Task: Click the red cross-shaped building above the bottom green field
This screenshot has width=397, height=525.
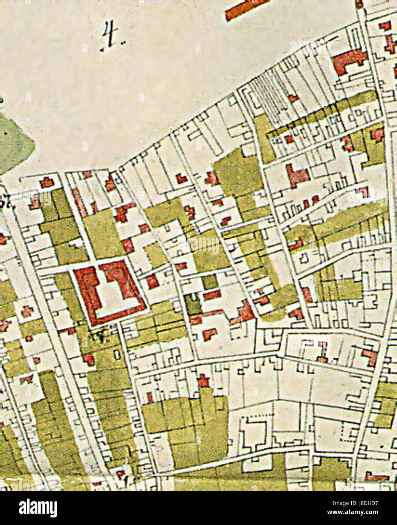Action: [x=204, y=380]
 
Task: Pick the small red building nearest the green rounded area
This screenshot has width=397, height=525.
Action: [x=47, y=182]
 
